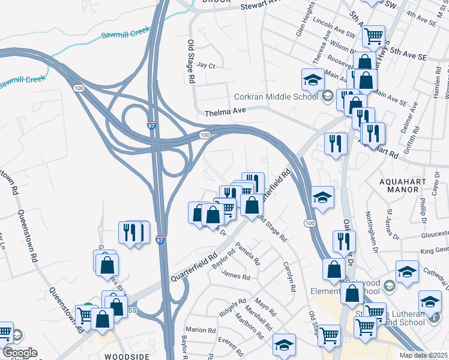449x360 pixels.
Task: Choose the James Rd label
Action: click(x=235, y=277)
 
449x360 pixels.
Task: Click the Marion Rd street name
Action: click(x=200, y=330)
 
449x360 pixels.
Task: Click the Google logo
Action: click(x=19, y=353)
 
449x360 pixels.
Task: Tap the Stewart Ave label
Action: click(x=261, y=5)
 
